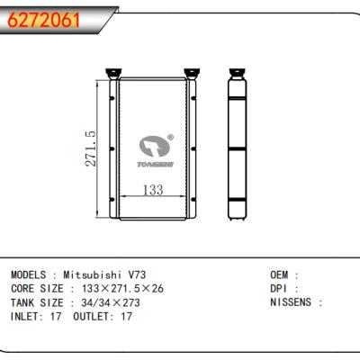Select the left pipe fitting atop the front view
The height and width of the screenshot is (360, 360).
click(x=114, y=74)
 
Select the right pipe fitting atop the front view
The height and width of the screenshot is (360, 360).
click(x=192, y=74)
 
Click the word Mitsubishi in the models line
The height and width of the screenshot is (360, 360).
click(x=96, y=274)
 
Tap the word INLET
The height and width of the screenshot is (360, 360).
click(x=24, y=317)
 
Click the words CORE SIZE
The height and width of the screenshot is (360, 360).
click(x=35, y=288)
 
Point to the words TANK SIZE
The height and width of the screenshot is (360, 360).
click(x=35, y=302)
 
